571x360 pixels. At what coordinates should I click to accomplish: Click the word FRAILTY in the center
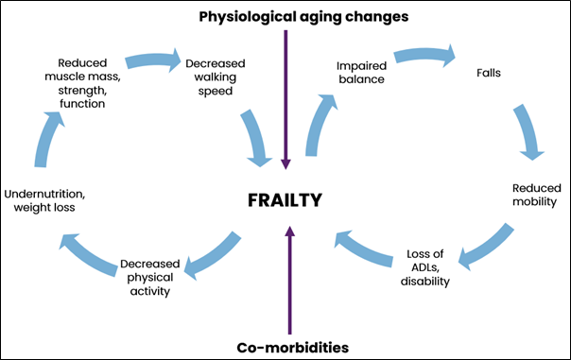(x=285, y=200)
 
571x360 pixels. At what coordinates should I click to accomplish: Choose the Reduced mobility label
(x=535, y=195)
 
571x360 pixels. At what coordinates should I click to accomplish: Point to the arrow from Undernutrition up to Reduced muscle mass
(x=43, y=138)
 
